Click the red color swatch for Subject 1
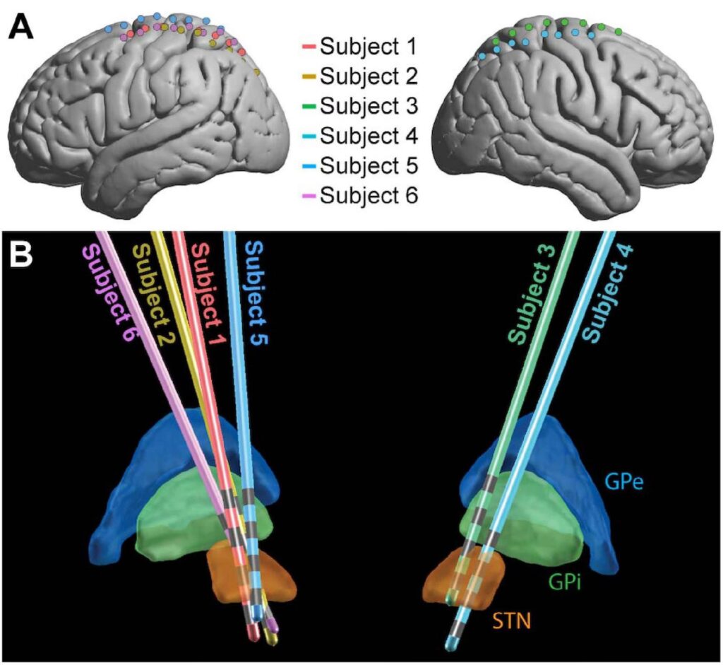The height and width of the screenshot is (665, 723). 308,47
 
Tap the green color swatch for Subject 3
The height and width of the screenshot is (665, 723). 308,106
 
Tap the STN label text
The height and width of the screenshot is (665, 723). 513,621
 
